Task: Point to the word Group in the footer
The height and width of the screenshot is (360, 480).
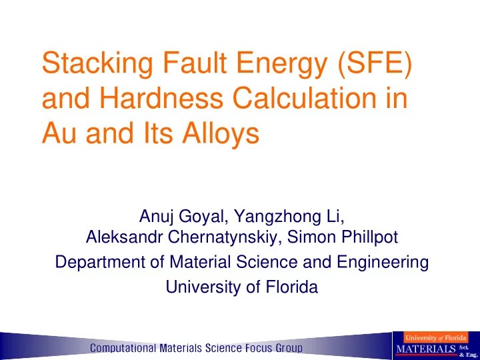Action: pyautogui.click(x=285, y=347)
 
